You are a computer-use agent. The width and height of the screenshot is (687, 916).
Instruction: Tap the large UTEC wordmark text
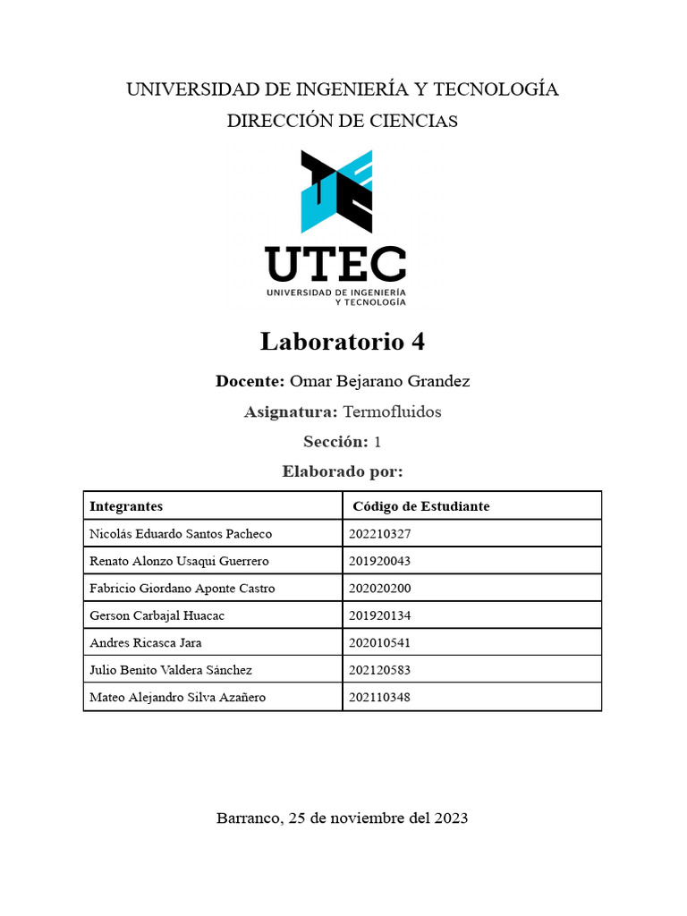tap(336, 264)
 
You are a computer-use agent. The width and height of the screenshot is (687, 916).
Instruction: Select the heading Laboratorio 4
tap(343, 342)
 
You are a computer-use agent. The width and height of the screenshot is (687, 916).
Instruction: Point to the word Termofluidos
tap(392, 412)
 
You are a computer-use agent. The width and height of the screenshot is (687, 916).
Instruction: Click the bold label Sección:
tap(335, 442)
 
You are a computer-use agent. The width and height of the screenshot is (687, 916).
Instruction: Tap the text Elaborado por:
tap(343, 471)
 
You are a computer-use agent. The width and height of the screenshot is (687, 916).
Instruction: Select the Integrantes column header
tap(126, 506)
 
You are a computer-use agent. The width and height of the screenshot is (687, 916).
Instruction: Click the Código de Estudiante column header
tap(421, 506)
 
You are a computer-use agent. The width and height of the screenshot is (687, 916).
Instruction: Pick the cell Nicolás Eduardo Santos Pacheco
tap(181, 534)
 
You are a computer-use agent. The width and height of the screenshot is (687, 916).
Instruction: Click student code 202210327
tap(379, 534)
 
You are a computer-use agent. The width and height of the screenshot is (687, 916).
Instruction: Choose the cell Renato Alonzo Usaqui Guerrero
tap(180, 561)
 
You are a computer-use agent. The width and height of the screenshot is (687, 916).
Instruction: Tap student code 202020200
tap(379, 589)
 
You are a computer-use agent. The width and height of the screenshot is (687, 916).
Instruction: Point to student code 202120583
tap(379, 670)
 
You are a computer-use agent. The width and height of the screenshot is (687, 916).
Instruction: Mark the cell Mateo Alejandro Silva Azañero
tap(178, 697)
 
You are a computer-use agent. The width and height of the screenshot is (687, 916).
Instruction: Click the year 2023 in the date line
tap(449, 818)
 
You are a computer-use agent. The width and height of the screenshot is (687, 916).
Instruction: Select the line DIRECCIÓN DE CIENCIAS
tap(343, 121)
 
